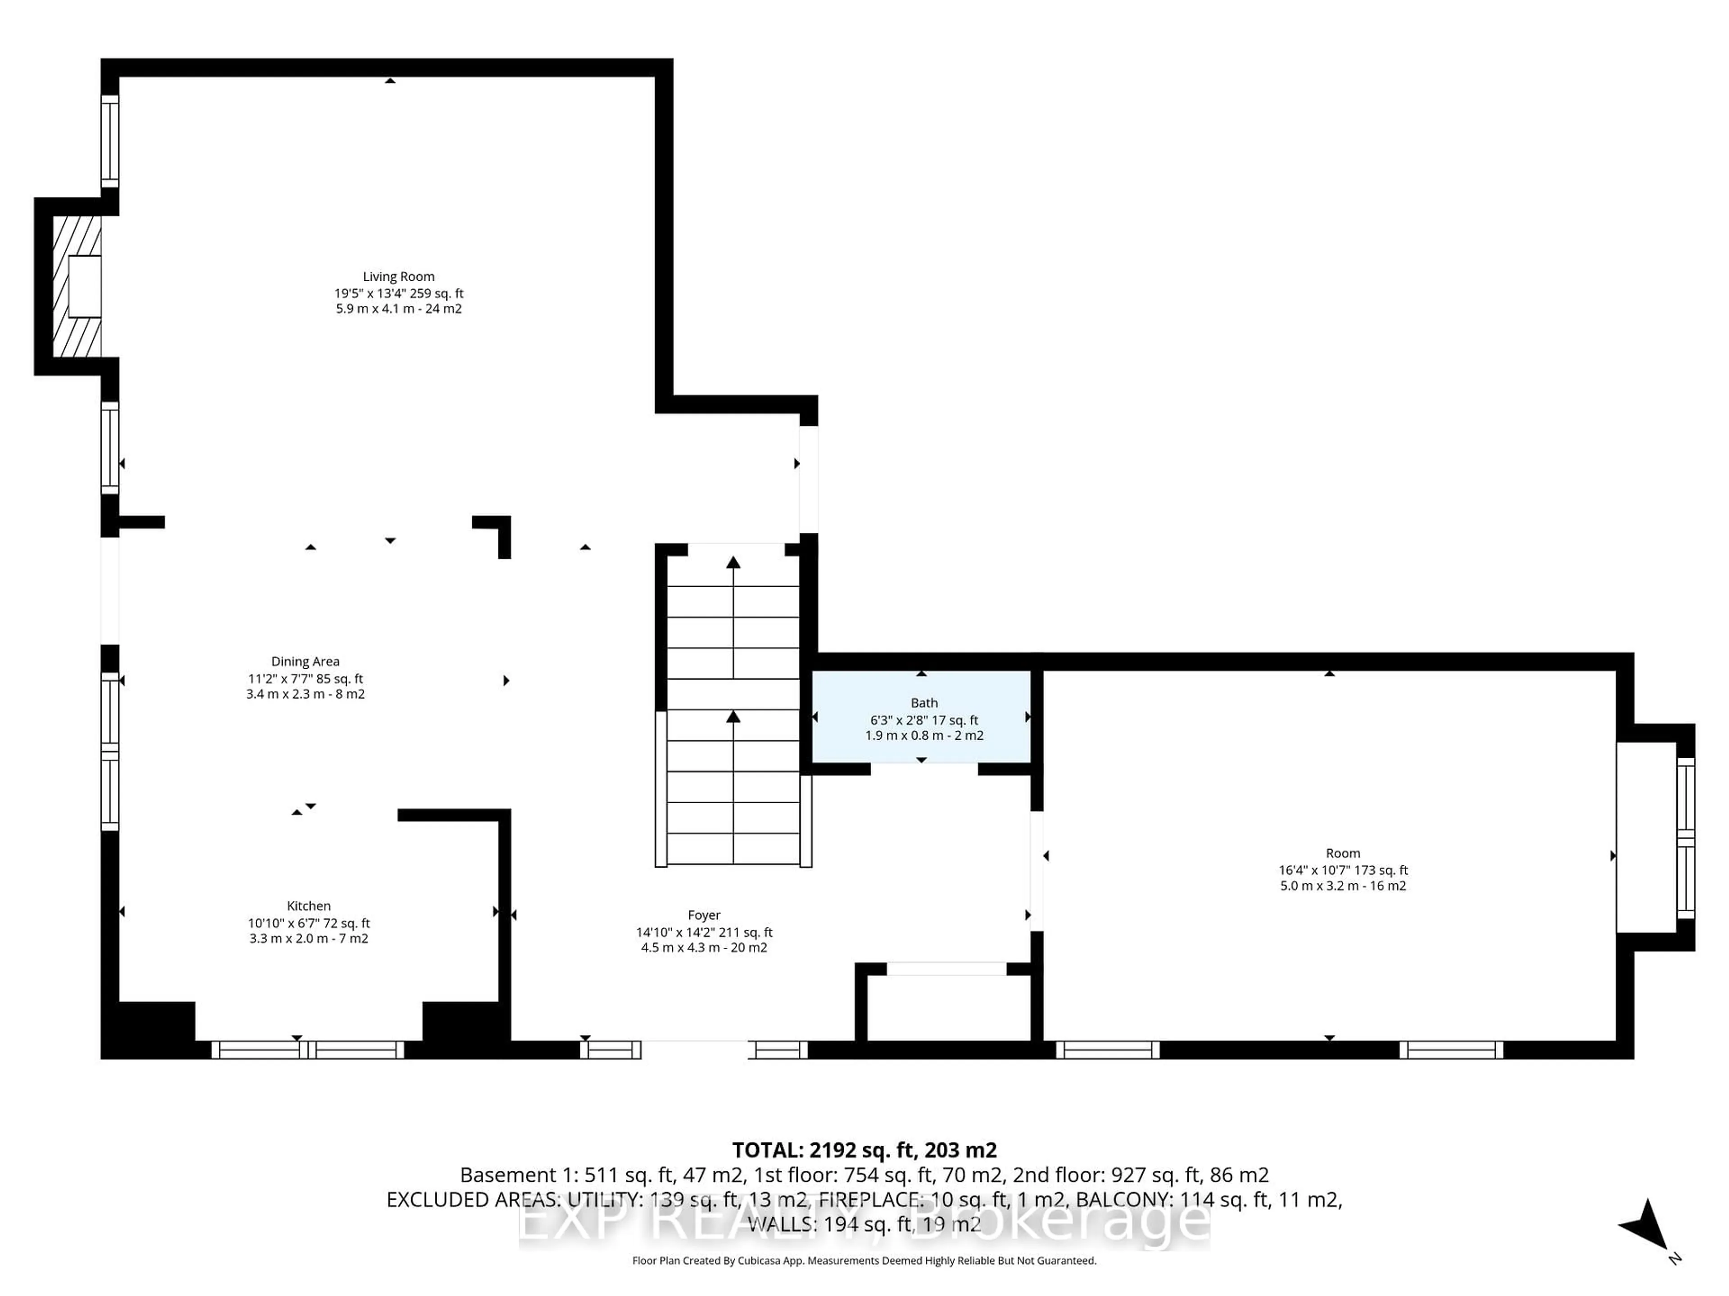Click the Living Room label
pyautogui.click(x=398, y=277)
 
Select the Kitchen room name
pyautogui.click(x=309, y=906)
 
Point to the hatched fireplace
pyautogui.click(x=77, y=287)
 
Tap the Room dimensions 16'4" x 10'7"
pyautogui.click(x=1343, y=870)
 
